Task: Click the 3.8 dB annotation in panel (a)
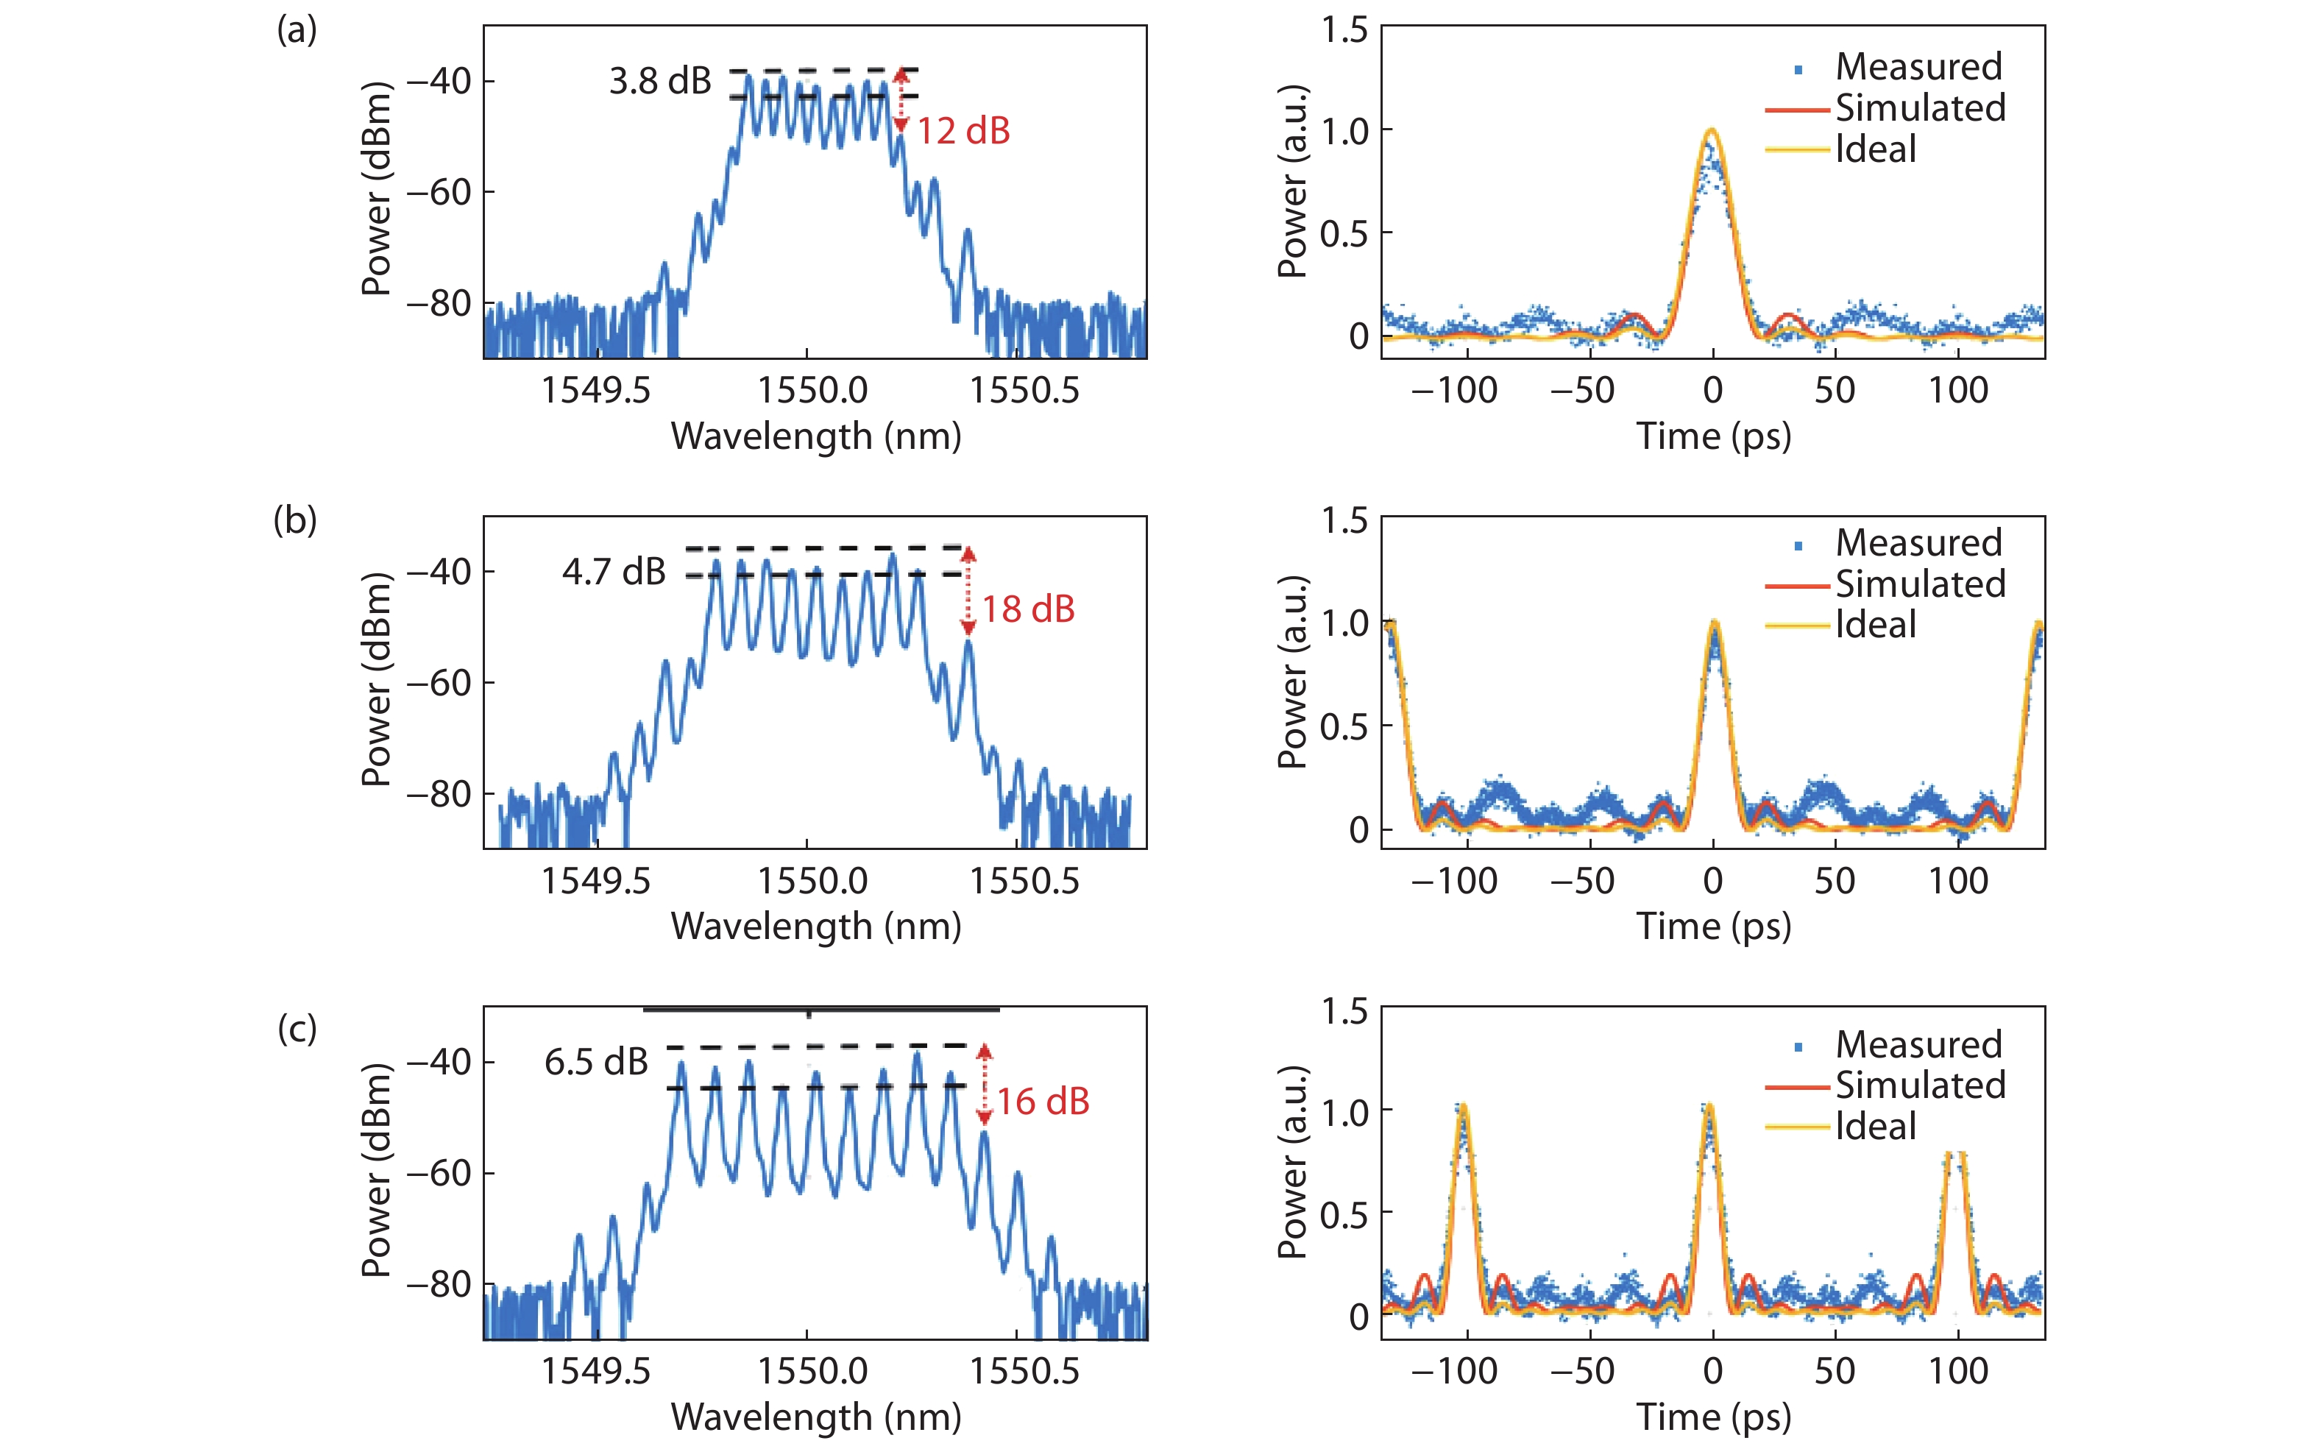click(x=660, y=82)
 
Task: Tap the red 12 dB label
click(x=963, y=131)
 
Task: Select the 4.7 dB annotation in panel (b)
click(x=613, y=572)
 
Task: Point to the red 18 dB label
click(x=1028, y=609)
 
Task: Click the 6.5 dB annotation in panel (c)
click(x=596, y=1062)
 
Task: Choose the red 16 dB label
click(x=1043, y=1102)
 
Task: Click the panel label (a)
click(x=296, y=31)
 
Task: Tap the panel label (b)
click(x=295, y=520)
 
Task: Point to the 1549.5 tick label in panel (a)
click(x=595, y=390)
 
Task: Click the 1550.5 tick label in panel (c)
click(x=1024, y=1372)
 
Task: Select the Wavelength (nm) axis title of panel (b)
click(x=815, y=927)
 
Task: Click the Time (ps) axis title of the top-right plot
click(x=1713, y=436)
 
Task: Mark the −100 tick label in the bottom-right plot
click(x=1453, y=1372)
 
